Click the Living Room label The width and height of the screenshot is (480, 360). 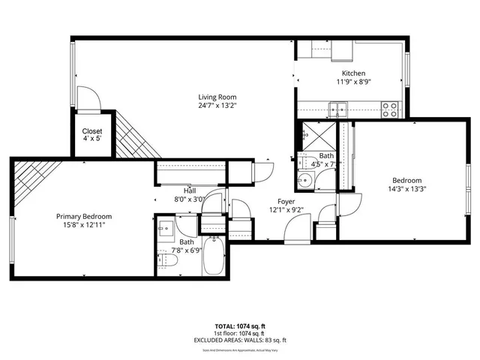pos(217,97)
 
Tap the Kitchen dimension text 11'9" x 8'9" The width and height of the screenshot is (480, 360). pos(354,83)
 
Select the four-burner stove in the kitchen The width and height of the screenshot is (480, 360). pos(390,109)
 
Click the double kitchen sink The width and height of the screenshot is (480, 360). pos(341,109)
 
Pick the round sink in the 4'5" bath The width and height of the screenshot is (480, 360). pos(305,181)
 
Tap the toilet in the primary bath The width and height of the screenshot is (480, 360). pos(169,260)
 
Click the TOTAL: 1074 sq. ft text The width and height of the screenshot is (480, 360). pos(239,326)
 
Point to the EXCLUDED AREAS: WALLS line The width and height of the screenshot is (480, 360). pos(239,340)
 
